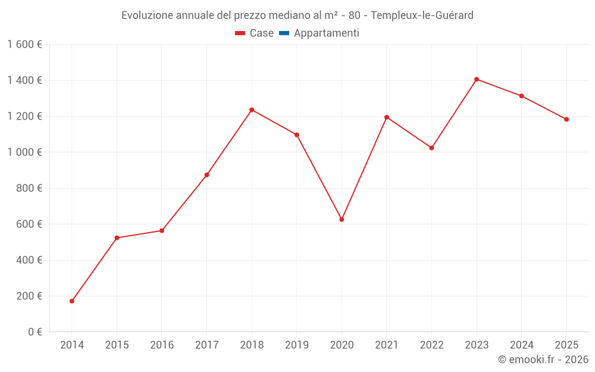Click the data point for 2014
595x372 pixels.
(72, 301)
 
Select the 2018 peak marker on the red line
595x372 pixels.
(252, 110)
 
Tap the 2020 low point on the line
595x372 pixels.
(342, 220)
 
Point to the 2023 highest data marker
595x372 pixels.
(477, 79)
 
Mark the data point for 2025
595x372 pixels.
(566, 119)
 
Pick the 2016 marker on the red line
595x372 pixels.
(162, 230)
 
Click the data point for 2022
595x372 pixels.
(431, 148)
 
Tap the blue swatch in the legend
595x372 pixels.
(284, 33)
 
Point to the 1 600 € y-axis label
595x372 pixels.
(25, 45)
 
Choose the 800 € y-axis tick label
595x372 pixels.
(29, 188)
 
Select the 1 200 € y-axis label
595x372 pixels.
(25, 117)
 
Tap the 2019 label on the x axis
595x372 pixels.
(297, 345)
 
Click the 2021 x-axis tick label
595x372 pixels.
(387, 345)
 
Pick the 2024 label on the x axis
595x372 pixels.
(522, 345)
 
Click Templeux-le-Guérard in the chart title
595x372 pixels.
(422, 15)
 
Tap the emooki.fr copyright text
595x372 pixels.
(543, 360)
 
